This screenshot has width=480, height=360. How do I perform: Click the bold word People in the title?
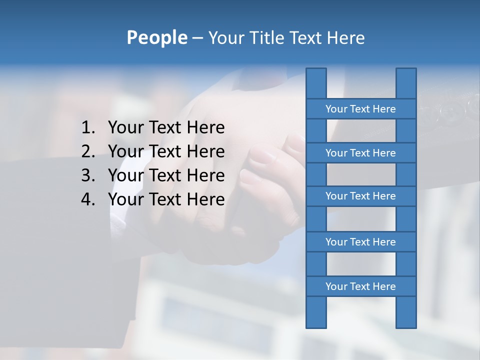pyautogui.click(x=156, y=37)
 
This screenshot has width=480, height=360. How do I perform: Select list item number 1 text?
pyautogui.click(x=166, y=128)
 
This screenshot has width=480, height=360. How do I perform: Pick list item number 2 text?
pyautogui.click(x=166, y=151)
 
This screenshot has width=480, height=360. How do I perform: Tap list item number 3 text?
pyautogui.click(x=166, y=175)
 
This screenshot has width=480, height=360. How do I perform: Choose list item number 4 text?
pyautogui.click(x=166, y=199)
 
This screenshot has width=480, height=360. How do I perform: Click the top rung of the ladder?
pyautogui.click(x=360, y=109)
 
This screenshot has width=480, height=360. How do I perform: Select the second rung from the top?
pyautogui.click(x=360, y=153)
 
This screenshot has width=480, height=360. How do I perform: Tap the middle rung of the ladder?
pyautogui.click(x=360, y=196)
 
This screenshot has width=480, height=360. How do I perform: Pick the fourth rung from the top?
pyautogui.click(x=360, y=242)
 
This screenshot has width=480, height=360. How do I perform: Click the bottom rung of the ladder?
pyautogui.click(x=360, y=286)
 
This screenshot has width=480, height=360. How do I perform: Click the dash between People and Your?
pyautogui.click(x=197, y=38)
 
